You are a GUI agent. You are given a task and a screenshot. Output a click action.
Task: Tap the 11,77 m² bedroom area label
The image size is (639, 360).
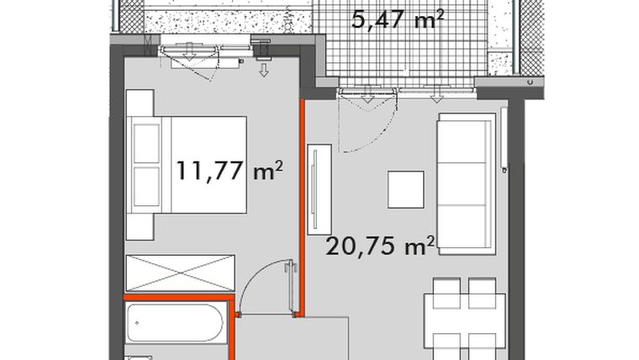pos(229,172)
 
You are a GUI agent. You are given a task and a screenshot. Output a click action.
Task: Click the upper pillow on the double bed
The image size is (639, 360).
pos(146,141)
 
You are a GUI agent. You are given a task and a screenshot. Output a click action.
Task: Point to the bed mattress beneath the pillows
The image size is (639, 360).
pos(206,165)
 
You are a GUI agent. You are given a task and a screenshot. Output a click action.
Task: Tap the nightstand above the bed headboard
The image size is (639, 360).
pos(140,102)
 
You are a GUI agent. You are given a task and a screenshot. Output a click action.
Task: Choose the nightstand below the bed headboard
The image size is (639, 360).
pos(140,228)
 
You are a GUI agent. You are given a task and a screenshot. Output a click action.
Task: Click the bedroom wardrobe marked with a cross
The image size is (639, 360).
pos(180,272)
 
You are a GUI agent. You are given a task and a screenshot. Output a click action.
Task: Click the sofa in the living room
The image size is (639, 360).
pos(466,186)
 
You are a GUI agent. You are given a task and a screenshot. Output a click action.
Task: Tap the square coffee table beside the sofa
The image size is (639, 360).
pos(406,189)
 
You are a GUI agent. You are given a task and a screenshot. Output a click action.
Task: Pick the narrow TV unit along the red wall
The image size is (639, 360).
pos(318,189)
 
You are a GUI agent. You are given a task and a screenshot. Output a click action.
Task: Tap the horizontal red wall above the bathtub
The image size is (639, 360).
pos(178,296)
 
